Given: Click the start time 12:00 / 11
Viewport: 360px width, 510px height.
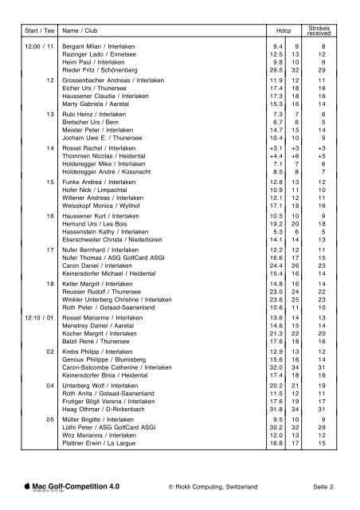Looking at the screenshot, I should pos(39,47).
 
